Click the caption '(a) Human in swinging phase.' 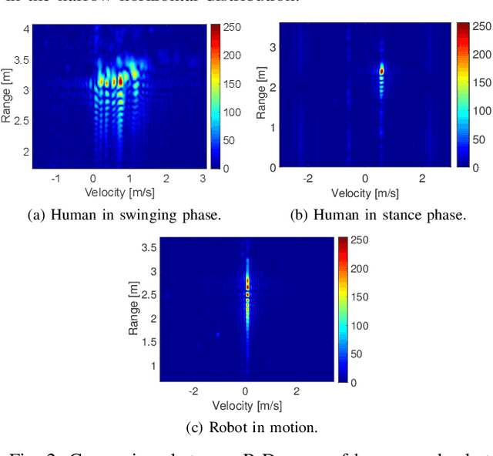(x=124, y=215)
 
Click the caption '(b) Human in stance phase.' (x=377, y=215)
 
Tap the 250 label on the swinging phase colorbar (x=232, y=28)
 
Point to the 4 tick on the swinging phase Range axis (x=26, y=29)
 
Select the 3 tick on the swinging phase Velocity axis (x=202, y=178)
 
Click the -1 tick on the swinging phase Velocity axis (x=55, y=178)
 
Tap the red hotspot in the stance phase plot (x=381, y=71)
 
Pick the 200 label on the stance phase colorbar (x=481, y=55)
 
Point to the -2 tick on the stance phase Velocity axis (x=307, y=178)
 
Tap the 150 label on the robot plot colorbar (x=358, y=297)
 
